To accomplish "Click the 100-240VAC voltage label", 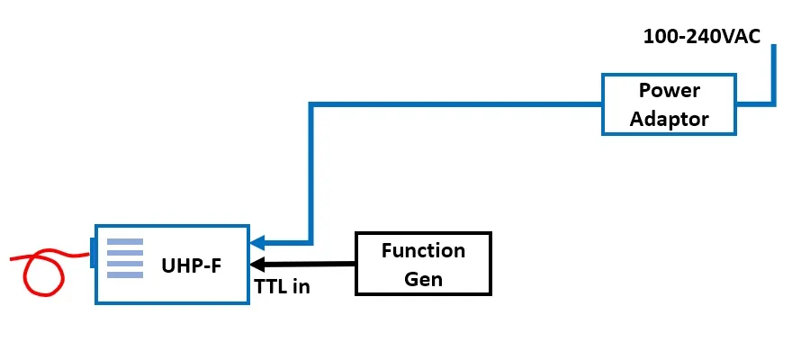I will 702,37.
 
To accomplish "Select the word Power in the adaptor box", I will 669,91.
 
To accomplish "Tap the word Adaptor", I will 669,118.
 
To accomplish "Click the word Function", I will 423,250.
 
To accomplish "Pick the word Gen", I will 423,278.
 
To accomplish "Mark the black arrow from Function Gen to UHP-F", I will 306,265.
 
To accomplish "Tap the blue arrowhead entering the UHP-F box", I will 257,242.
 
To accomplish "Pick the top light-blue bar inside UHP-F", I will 125,241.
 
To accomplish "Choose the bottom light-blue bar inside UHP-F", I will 125,274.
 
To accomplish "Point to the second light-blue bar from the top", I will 125,252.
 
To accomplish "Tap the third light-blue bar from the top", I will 125,263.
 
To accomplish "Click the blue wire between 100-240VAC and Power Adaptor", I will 771,81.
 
